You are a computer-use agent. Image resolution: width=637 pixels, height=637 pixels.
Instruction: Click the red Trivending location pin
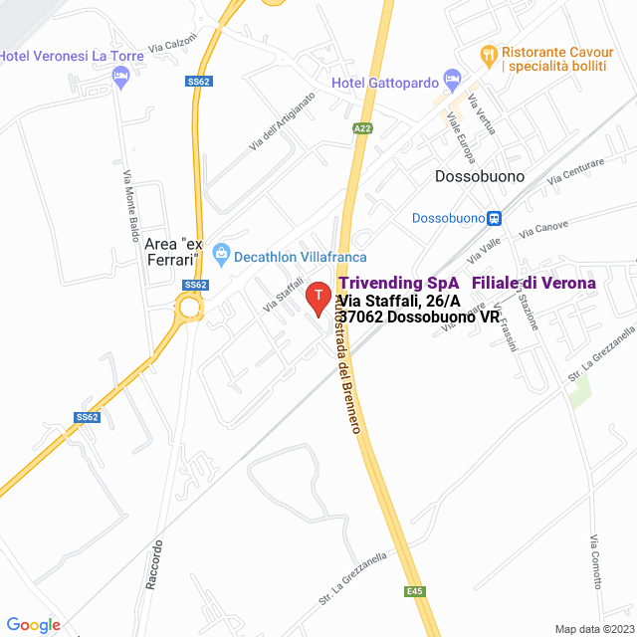click(318, 297)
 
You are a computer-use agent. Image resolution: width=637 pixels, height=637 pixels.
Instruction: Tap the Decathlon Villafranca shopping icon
click(222, 256)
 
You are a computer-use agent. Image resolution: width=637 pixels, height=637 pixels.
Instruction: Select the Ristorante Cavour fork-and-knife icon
click(488, 52)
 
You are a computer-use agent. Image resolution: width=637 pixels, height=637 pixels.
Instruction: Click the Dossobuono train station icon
click(494, 217)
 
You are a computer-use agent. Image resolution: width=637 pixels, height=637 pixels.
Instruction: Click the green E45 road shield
click(414, 590)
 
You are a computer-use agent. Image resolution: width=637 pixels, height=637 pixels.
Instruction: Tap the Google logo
click(33, 625)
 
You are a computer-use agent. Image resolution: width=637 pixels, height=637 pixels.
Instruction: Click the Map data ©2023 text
click(592, 628)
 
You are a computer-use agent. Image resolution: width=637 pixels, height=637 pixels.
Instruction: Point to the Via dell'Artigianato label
click(282, 122)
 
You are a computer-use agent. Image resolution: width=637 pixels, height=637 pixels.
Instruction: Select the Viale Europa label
click(461, 138)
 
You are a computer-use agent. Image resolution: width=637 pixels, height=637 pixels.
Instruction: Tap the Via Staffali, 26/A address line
click(398, 301)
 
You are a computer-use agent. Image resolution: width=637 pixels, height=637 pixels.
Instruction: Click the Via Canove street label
click(543, 229)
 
